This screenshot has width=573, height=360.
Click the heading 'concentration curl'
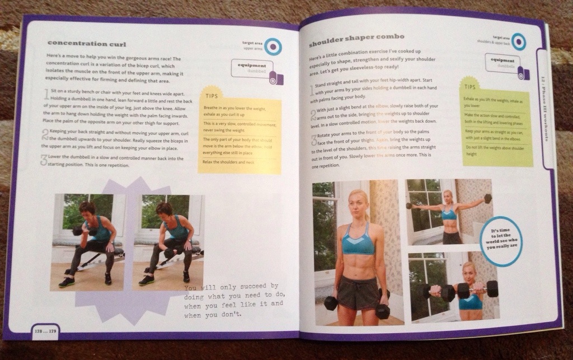(86, 44)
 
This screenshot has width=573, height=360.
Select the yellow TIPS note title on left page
(212, 96)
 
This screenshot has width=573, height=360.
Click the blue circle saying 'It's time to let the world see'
(501, 241)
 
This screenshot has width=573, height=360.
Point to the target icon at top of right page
(518, 40)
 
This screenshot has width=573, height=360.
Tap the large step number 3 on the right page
(314, 140)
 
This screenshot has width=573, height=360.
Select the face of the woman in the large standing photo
(358, 204)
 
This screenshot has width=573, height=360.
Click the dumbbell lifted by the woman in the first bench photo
(78, 230)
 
